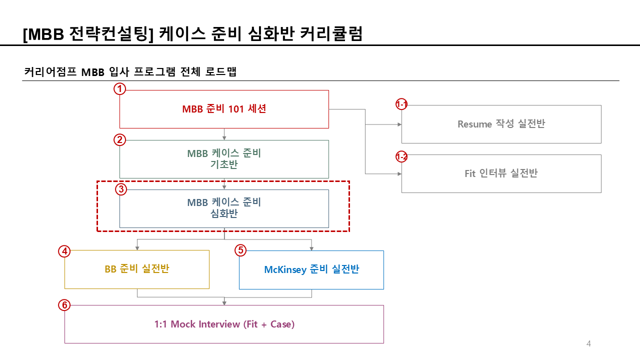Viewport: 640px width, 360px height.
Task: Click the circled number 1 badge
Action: [119, 89]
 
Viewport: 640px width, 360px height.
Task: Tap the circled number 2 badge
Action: [119, 139]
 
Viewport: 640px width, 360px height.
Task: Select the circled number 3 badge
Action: [120, 189]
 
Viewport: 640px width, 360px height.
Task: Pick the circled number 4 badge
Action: [64, 251]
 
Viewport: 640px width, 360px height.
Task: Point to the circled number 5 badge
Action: [240, 250]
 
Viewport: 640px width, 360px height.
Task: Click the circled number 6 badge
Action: [64, 305]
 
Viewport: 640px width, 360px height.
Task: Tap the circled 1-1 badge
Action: [401, 104]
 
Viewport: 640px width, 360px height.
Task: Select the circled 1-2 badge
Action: [401, 157]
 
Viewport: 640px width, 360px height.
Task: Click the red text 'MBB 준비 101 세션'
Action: [224, 109]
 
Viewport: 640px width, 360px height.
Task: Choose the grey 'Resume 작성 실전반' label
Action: [501, 124]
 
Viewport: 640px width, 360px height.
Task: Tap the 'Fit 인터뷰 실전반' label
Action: [501, 173]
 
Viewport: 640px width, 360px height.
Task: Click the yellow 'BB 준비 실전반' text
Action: [136, 269]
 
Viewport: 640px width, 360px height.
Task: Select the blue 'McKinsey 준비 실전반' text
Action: [311, 269]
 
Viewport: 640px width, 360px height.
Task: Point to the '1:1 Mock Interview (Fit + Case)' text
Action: [224, 324]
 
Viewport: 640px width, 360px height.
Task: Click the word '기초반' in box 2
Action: [224, 164]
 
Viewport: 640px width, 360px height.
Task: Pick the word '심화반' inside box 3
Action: [224, 214]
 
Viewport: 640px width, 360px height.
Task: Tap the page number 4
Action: [588, 343]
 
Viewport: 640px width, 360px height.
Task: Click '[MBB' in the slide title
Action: [44, 33]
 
